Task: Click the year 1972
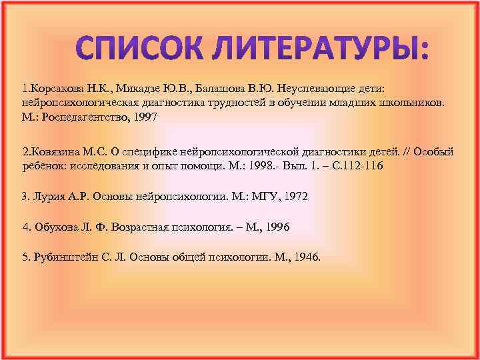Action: [x=295, y=197]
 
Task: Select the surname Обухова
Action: [x=55, y=227]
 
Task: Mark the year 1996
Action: [x=277, y=227]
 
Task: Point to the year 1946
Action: [x=307, y=257]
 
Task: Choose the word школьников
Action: [x=413, y=104]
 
